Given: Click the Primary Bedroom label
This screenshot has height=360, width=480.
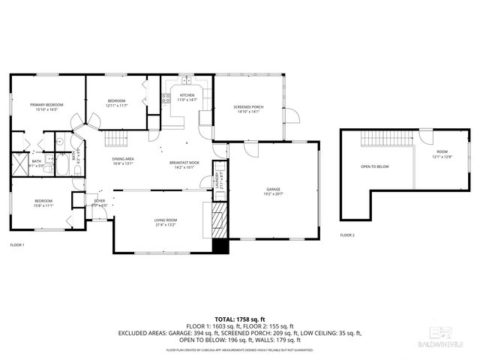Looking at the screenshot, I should click(x=46, y=104).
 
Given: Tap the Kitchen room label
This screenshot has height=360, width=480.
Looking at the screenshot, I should click(x=187, y=95).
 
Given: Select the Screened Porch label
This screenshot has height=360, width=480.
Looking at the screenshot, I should click(x=248, y=107).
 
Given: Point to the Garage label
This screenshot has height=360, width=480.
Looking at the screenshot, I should click(x=273, y=188).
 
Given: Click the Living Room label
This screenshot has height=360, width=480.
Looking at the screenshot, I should click(x=165, y=220).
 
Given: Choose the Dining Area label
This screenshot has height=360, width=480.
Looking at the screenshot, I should click(x=123, y=158).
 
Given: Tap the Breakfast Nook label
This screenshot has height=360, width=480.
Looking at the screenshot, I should click(x=184, y=163).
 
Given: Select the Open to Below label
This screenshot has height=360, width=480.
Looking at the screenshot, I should click(x=375, y=166).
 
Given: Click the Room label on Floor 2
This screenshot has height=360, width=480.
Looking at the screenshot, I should click(x=442, y=152).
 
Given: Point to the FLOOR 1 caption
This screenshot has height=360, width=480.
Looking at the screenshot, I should click(x=17, y=245).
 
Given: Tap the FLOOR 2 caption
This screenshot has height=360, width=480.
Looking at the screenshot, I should click(x=347, y=235).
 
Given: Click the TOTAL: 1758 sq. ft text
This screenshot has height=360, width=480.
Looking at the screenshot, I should click(x=239, y=320).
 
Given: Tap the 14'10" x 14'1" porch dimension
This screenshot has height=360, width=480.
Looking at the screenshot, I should click(x=248, y=112).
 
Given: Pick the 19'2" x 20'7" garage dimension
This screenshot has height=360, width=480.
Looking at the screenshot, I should click(x=273, y=193).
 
